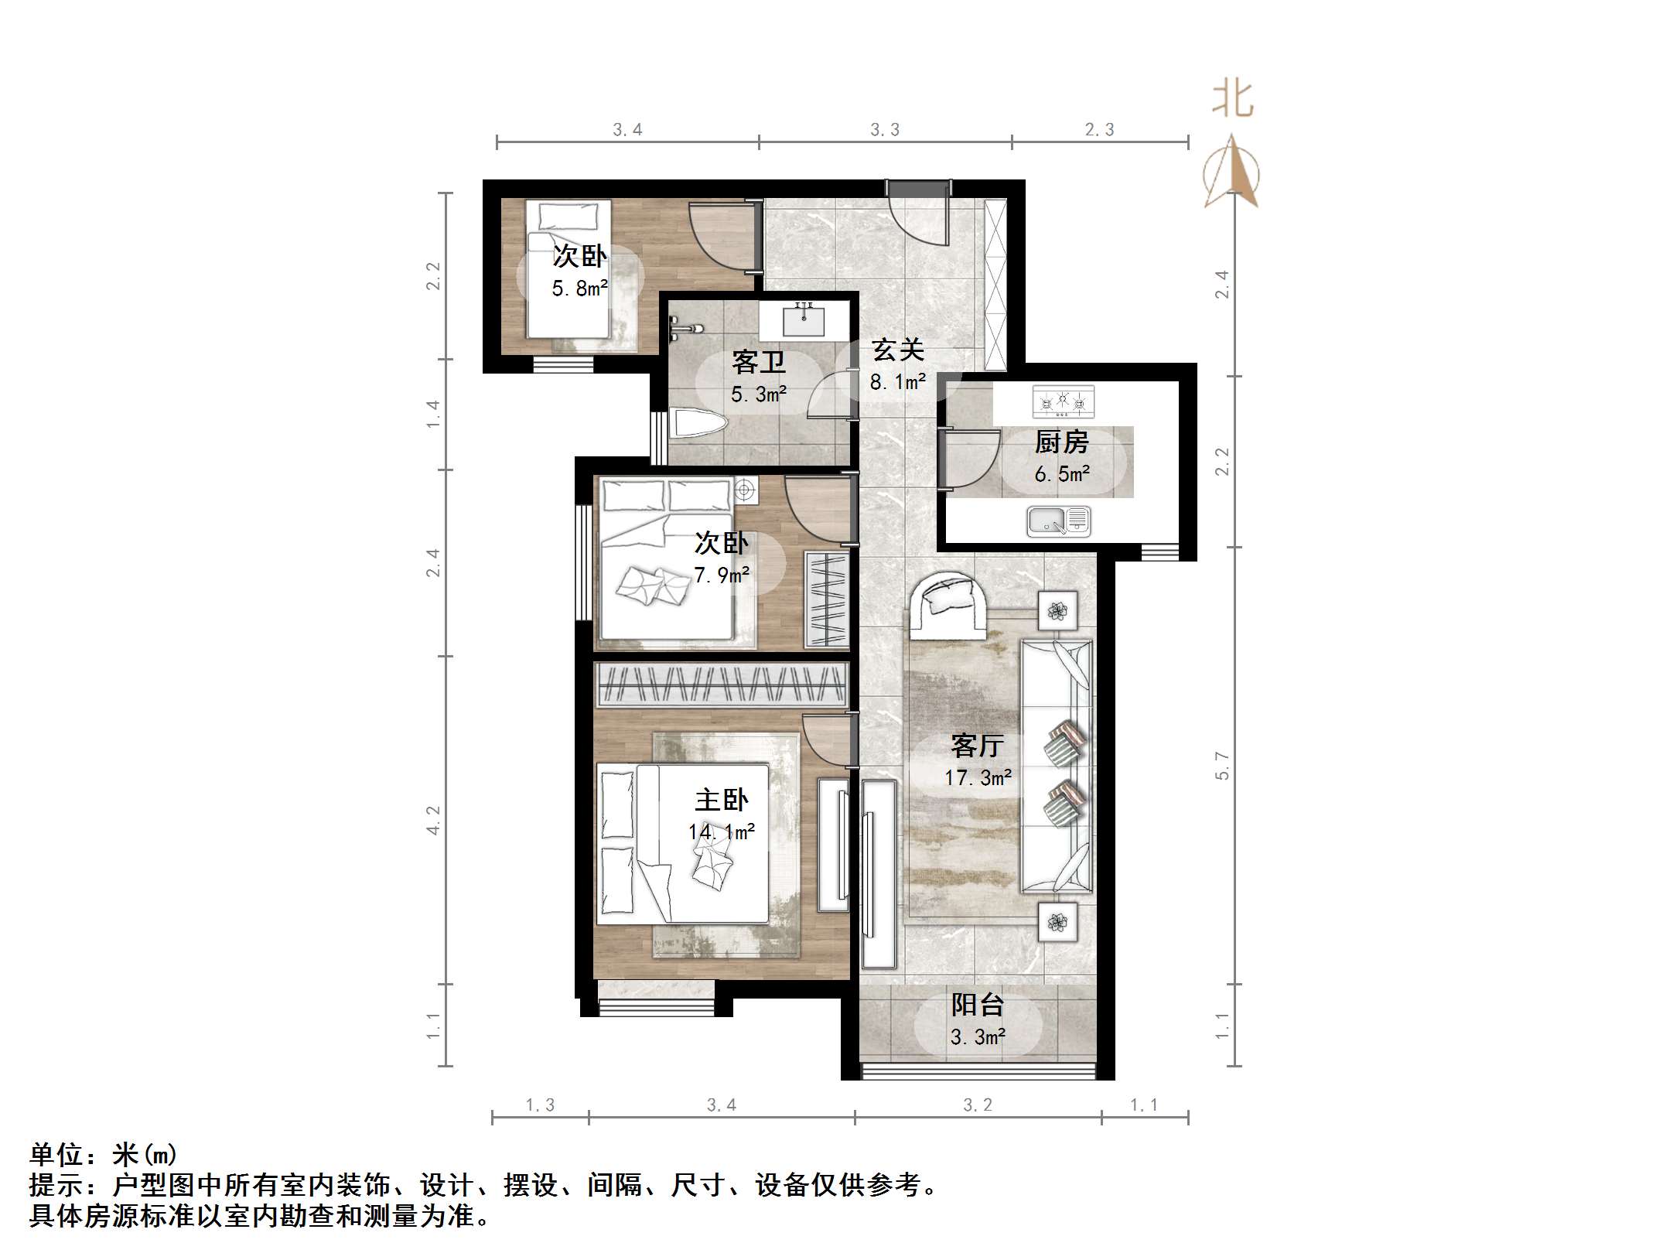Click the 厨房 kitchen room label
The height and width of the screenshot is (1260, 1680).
[1061, 442]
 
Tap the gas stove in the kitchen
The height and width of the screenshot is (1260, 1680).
[1063, 401]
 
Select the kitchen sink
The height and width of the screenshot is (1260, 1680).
[1058, 521]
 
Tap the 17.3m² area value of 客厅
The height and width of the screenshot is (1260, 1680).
[978, 777]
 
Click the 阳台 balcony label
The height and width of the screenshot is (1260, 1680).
[978, 1005]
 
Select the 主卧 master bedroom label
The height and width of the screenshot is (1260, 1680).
[721, 800]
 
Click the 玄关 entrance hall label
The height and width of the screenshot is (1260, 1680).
[898, 350]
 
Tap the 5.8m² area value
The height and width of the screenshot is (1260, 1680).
[579, 289]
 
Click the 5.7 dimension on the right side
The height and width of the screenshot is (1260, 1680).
[1222, 765]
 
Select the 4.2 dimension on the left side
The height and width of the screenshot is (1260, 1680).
[433, 820]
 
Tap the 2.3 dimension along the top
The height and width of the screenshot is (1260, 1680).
[1099, 130]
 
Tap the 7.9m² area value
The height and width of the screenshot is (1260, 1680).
[721, 575]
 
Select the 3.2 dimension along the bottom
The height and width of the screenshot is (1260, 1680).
[978, 1105]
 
